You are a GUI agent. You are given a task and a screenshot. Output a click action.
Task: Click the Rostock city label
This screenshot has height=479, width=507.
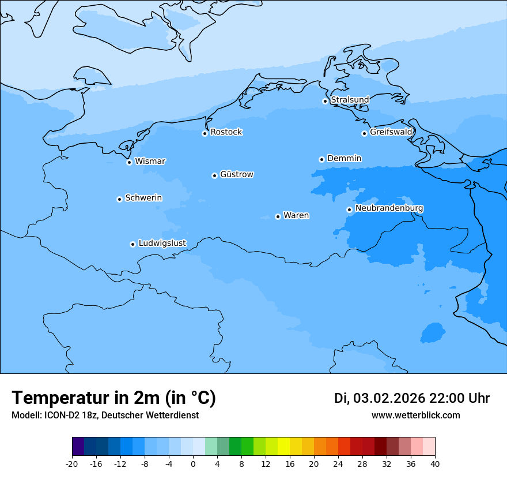coord(226,132)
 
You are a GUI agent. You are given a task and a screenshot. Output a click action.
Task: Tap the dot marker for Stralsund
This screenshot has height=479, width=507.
coord(325,101)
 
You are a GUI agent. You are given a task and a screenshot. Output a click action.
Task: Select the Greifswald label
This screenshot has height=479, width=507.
coord(391,132)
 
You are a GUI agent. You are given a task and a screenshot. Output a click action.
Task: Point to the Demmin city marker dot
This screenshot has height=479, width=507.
coord(321,159)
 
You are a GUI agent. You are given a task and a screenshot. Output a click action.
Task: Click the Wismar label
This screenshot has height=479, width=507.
coord(150,162)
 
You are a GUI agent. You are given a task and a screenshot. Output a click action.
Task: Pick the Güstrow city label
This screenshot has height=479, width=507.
coord(236,174)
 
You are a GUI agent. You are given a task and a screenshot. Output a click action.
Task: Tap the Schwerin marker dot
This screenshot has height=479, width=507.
coord(119,199)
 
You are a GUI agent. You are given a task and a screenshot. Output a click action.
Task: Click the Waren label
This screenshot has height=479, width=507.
coord(296,215)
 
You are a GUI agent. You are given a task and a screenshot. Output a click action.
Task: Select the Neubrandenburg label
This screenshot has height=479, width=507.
coord(389,208)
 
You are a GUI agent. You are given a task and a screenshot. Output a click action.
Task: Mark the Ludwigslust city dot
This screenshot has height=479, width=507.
coord(133,244)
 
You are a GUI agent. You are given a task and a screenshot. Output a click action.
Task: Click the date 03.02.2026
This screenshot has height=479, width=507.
coord(389,399)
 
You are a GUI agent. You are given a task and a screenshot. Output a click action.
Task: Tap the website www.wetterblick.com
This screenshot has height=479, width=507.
coord(415,416)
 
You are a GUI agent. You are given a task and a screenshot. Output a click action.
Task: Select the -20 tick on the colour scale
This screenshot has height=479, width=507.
coord(72,463)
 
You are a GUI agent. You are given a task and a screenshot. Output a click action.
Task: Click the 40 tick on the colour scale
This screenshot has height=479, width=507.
coord(435,463)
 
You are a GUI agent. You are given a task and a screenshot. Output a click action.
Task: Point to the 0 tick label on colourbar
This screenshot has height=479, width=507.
coord(193,463)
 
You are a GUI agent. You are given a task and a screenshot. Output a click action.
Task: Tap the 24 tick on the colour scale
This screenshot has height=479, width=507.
coord(338,463)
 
